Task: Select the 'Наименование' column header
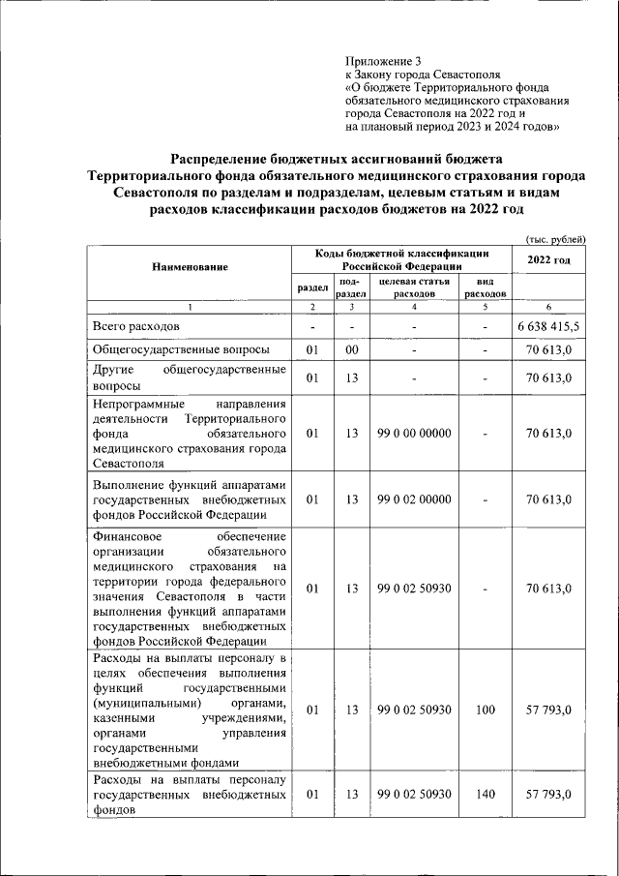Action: tap(190, 266)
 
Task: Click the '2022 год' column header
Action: tap(548, 259)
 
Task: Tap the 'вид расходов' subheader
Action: tap(486, 287)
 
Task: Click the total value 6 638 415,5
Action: tap(548, 326)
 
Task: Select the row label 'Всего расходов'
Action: tap(136, 326)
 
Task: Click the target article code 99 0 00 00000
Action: tap(414, 434)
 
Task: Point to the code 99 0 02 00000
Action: tap(414, 499)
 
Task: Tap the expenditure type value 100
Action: tap(486, 710)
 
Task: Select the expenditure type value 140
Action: tap(486, 794)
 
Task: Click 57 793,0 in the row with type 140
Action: tap(548, 794)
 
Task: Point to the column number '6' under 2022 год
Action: tap(548, 307)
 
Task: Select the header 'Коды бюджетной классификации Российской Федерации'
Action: tap(401, 259)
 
